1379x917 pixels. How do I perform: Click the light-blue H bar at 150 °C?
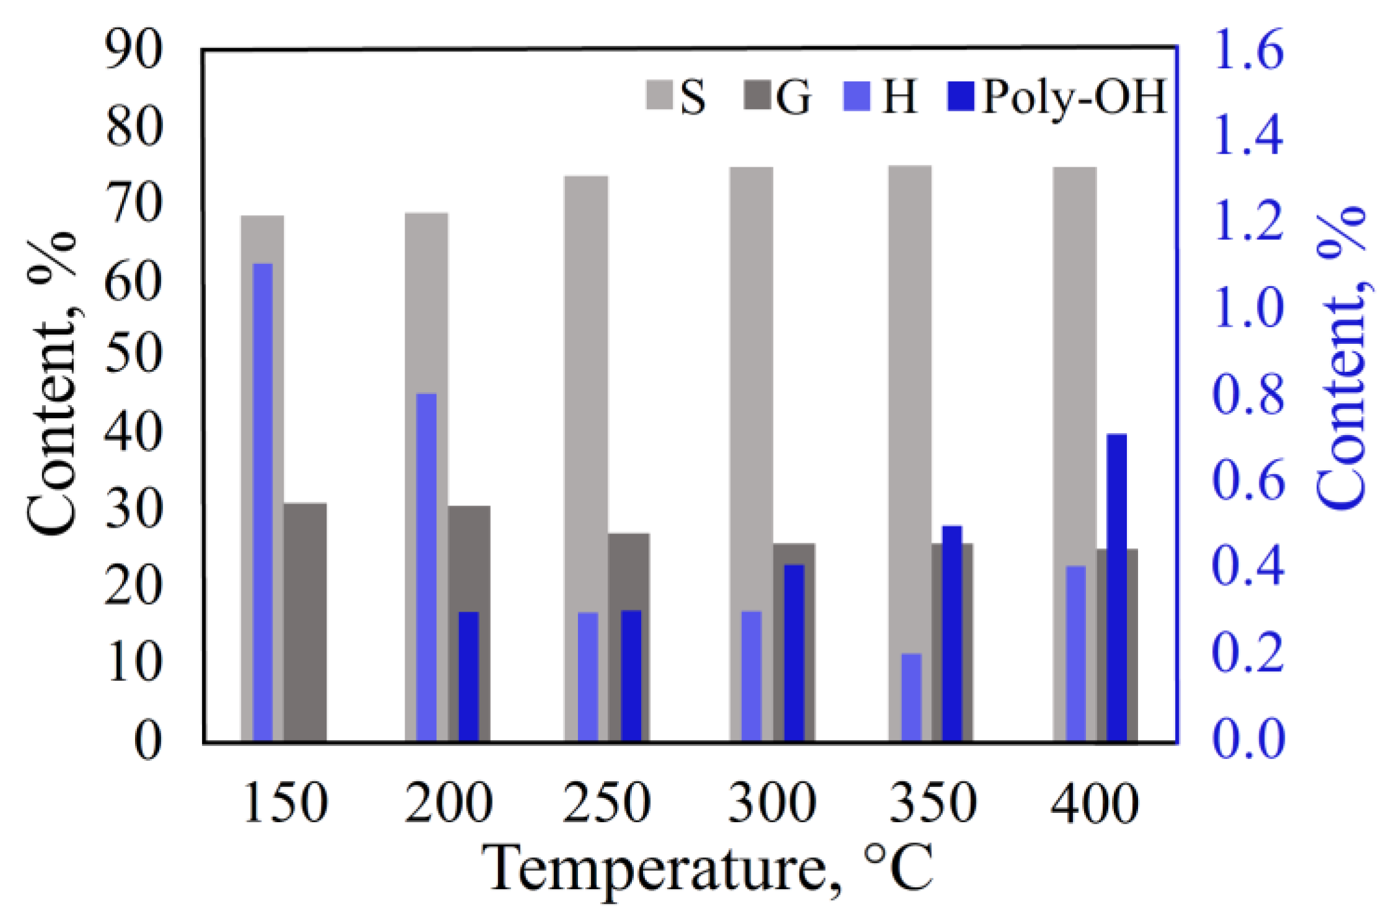[263, 502]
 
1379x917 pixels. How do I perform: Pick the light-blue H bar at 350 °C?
[911, 698]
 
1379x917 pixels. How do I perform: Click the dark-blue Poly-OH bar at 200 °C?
[468, 677]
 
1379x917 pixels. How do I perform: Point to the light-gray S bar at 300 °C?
[751, 372]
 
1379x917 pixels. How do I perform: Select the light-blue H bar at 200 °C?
[426, 567]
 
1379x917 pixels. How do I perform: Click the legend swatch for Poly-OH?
[961, 97]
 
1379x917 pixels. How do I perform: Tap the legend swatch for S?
[659, 95]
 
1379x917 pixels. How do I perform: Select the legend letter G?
[793, 97]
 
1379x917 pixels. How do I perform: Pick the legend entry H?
[899, 97]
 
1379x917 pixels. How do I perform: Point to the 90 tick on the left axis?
[134, 51]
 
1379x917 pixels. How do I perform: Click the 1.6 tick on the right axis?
[1248, 51]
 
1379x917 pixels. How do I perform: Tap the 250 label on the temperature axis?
[606, 803]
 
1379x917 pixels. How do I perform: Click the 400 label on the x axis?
[1095, 803]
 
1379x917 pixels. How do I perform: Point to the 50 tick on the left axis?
[134, 354]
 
